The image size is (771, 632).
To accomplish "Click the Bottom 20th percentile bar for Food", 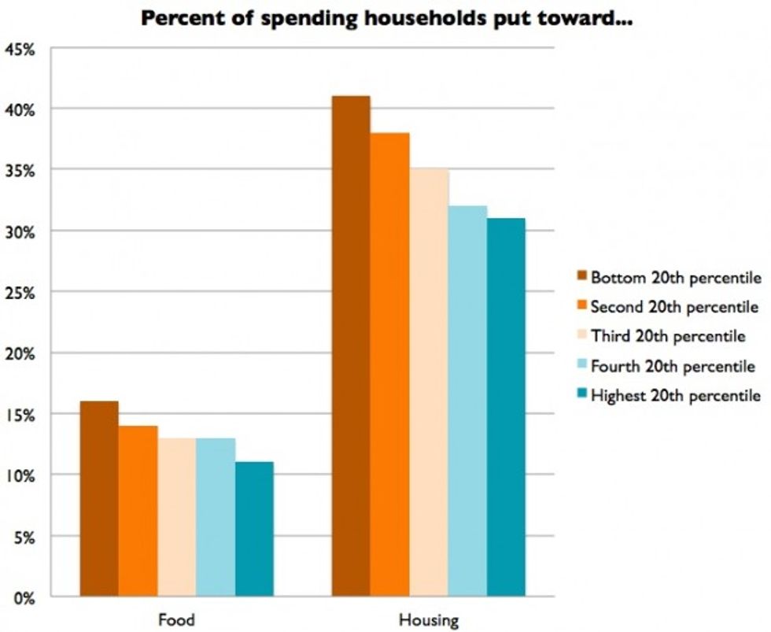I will tap(99, 499).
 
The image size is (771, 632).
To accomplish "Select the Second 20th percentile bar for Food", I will tap(138, 511).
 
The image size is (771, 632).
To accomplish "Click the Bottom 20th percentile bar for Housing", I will tap(351, 346).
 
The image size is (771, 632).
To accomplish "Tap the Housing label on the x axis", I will tap(428, 619).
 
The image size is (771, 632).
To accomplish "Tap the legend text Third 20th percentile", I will tap(668, 336).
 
